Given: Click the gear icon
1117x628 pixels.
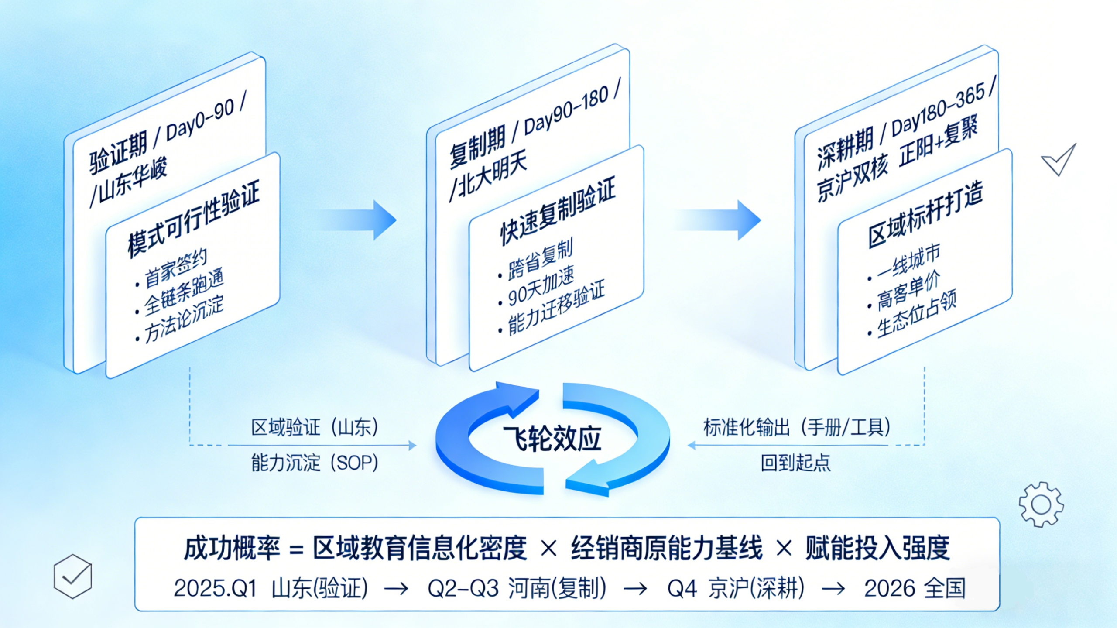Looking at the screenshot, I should [x=1041, y=504].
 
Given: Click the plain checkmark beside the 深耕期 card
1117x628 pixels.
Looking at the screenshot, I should [x=1059, y=160].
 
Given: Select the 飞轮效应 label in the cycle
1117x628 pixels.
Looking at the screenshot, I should [x=552, y=439].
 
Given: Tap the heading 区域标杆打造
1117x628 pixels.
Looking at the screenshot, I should [x=925, y=215].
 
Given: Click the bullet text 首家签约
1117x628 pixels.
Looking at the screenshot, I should [x=175, y=269].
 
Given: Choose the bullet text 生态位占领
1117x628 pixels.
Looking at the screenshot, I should [x=916, y=314].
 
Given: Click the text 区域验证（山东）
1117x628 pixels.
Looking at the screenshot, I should [x=315, y=427].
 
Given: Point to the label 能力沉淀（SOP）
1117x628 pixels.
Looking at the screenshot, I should [x=315, y=463].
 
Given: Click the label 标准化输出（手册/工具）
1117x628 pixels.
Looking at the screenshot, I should [x=797, y=427].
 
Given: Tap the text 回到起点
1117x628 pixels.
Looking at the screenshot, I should [x=795, y=463].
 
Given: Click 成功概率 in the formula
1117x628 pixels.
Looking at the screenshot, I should [x=232, y=549].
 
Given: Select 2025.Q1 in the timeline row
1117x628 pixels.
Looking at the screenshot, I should [x=215, y=588].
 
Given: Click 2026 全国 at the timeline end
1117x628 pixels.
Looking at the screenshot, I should [x=915, y=588].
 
